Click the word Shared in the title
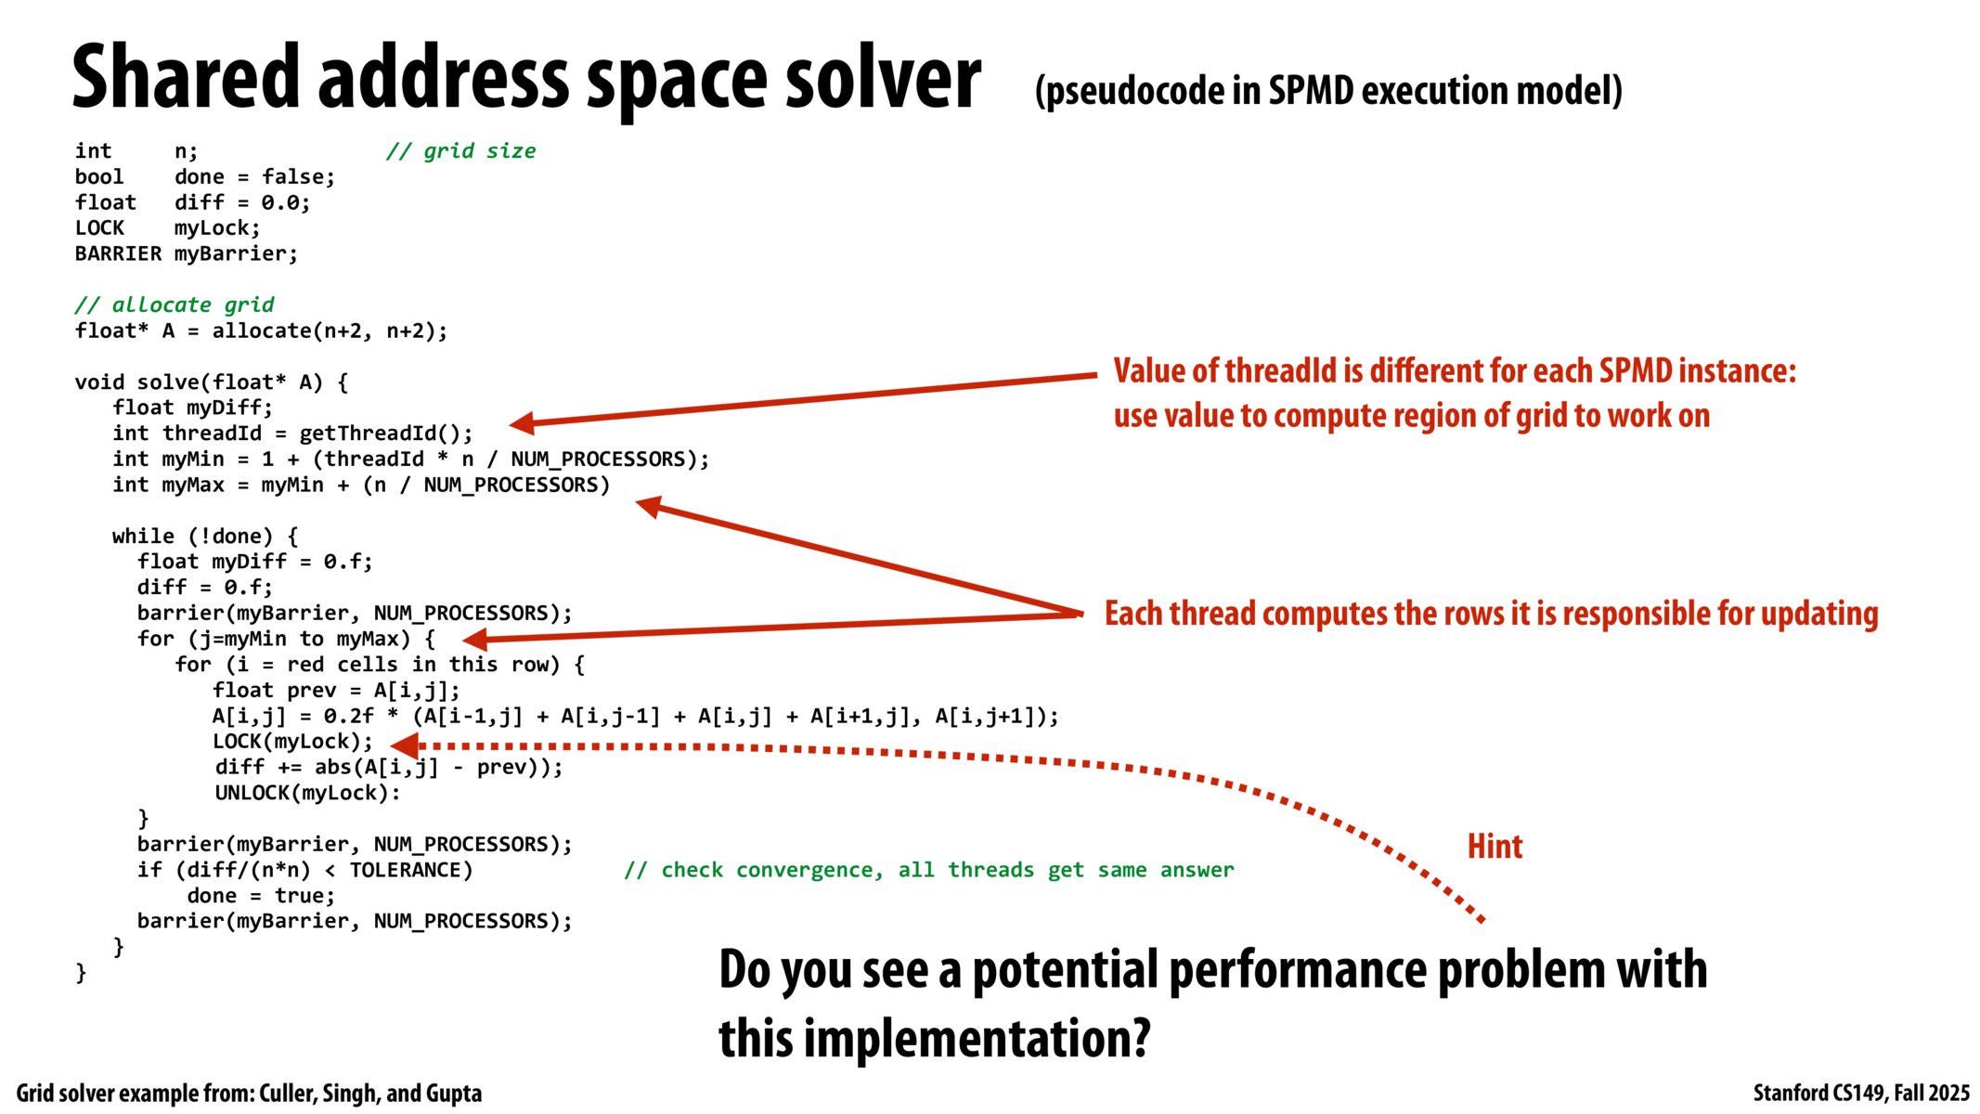(186, 79)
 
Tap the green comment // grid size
(460, 151)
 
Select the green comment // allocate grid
(174, 305)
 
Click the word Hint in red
(1494, 847)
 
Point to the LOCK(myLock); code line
(291, 742)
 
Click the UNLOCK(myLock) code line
(306, 794)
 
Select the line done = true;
(260, 897)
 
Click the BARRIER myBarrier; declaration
(186, 254)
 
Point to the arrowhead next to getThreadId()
(522, 423)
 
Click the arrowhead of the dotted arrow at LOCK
(405, 745)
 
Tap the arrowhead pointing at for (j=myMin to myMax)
(474, 639)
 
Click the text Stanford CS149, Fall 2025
(1860, 1094)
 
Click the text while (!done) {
(204, 537)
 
